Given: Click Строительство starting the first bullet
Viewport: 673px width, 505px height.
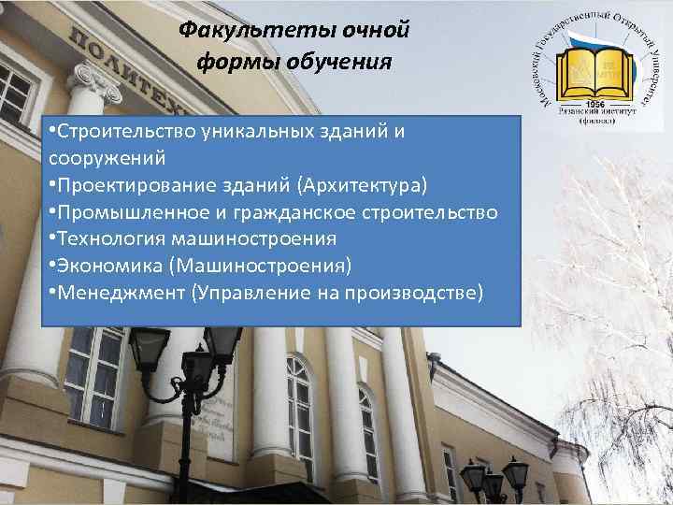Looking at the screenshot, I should (x=110, y=132).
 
